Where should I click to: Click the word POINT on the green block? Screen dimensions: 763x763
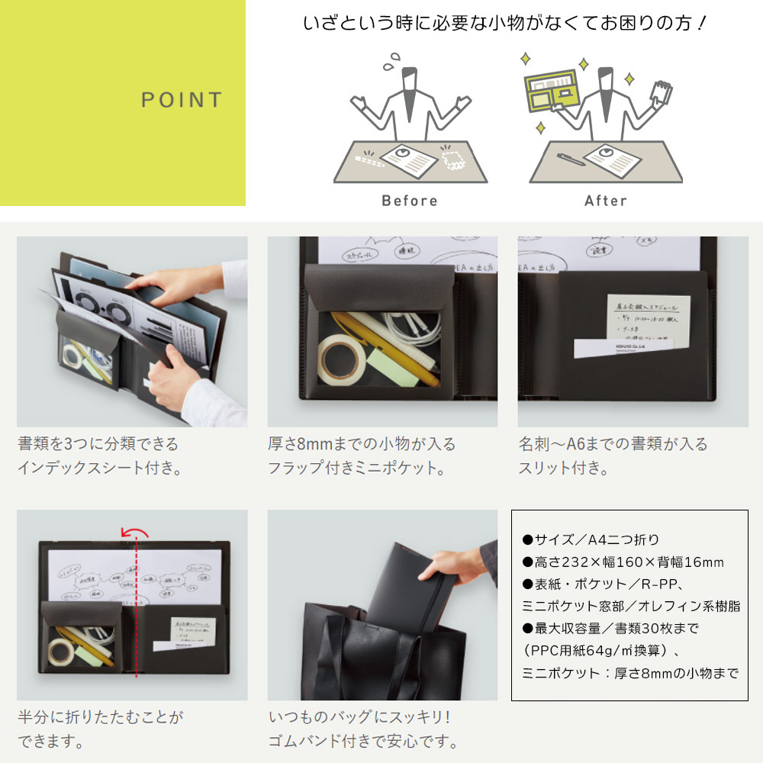pyautogui.click(x=182, y=100)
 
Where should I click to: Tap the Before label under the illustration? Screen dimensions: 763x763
pyautogui.click(x=410, y=201)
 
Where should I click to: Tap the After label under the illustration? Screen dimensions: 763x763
pyautogui.click(x=605, y=201)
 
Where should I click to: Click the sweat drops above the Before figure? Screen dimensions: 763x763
pyautogui.click(x=394, y=60)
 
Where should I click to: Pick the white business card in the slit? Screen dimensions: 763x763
pyautogui.click(x=622, y=349)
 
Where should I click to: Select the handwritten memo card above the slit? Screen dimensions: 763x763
pyautogui.click(x=649, y=317)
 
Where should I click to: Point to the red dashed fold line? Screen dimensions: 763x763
pyautogui.click(x=136, y=610)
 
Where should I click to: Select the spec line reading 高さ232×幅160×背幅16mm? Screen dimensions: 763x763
pyautogui.click(x=622, y=563)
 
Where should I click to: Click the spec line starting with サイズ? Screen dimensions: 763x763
pyautogui.click(x=591, y=540)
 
